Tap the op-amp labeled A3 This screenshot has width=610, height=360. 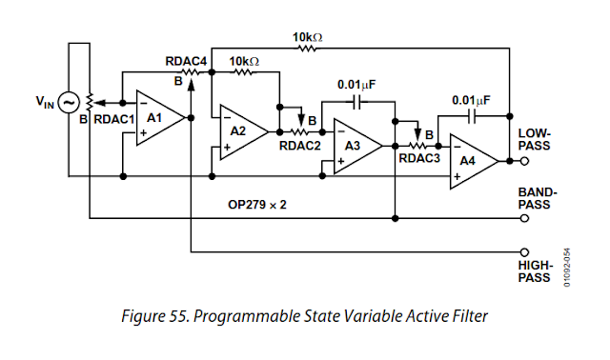click(x=355, y=145)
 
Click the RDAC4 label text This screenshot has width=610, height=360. click(x=186, y=62)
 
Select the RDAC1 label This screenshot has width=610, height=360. click(x=114, y=121)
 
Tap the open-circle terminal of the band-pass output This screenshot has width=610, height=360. click(x=526, y=218)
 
